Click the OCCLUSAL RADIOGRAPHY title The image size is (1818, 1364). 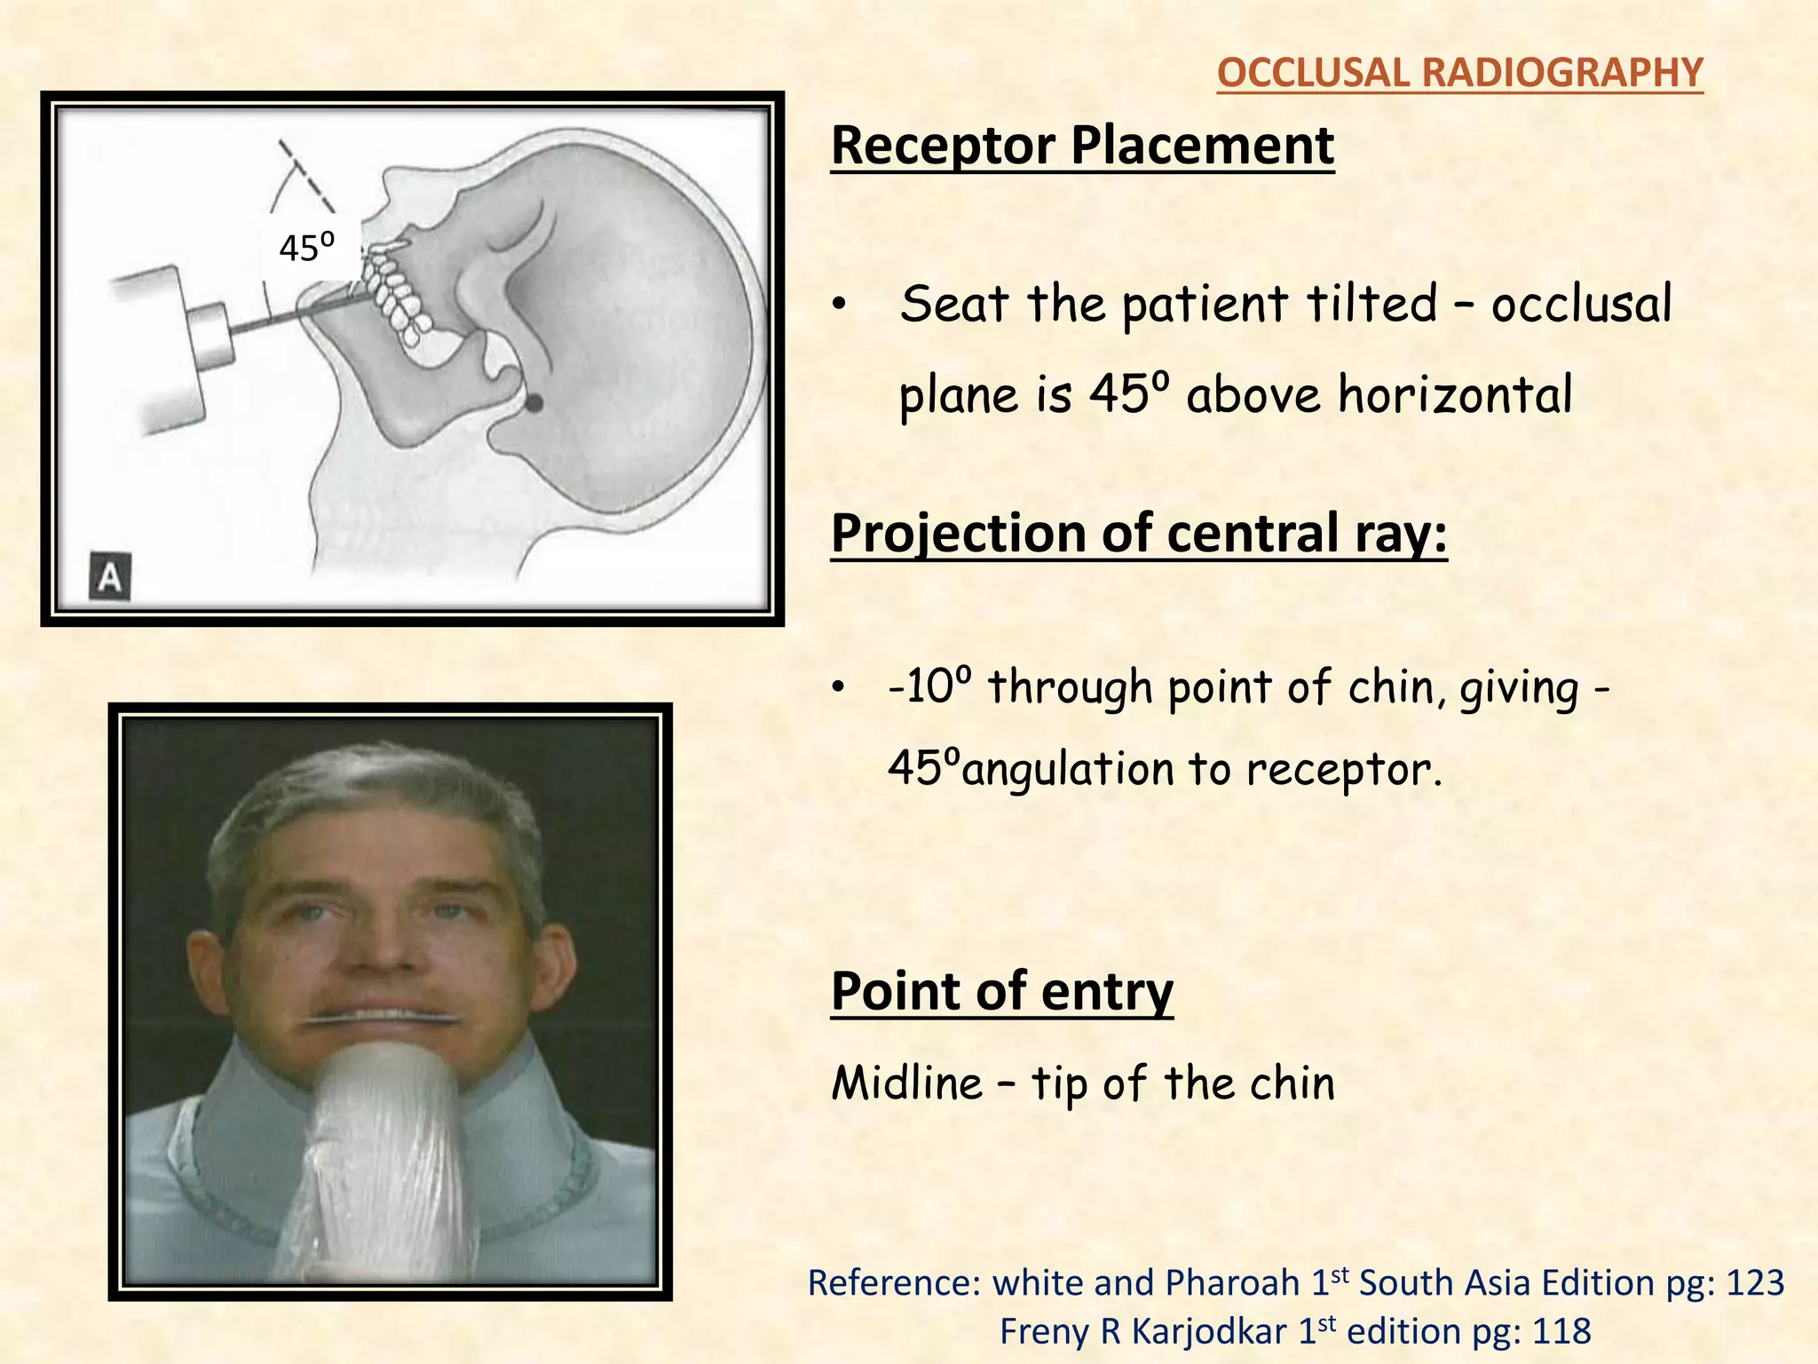tap(1459, 73)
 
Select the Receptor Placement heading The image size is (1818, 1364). tap(1082, 146)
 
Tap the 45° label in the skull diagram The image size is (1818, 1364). tap(306, 248)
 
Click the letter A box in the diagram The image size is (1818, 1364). tap(110, 577)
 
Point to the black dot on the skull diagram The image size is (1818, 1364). tap(534, 403)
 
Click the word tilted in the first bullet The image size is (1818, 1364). tap(1371, 305)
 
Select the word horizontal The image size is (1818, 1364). tap(1455, 395)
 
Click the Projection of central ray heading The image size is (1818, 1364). tap(1139, 534)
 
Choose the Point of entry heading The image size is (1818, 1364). tap(1001, 991)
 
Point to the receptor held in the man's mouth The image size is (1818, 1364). tap(386, 1020)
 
